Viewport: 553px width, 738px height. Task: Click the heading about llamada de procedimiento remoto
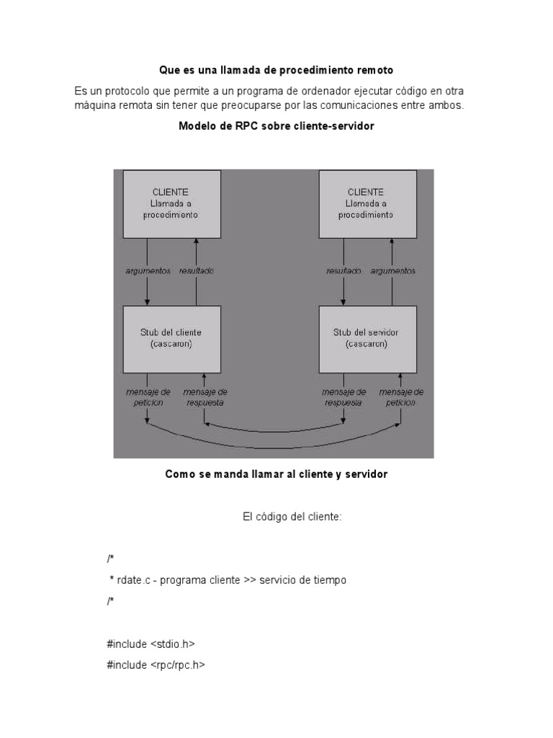tap(276, 71)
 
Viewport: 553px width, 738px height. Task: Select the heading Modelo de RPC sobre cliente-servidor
tap(276, 125)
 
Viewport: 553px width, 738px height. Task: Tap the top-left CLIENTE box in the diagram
tap(171, 203)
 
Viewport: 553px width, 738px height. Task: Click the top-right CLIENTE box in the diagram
tap(367, 203)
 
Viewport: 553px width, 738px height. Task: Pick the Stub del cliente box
tap(171, 339)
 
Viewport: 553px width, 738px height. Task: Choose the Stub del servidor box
tap(367, 339)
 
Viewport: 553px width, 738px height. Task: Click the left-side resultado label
tap(197, 272)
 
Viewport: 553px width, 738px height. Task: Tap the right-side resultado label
tap(343, 272)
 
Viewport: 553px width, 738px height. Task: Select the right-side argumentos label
tap(393, 272)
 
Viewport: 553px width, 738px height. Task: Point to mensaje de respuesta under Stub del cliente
tap(204, 397)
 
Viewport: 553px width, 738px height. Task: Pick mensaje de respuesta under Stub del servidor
tap(343, 397)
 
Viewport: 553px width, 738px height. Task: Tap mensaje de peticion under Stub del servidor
tap(401, 397)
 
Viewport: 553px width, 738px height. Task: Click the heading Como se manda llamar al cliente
tap(276, 474)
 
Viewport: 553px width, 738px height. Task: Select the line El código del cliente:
tap(291, 517)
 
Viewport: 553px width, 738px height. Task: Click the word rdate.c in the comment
tap(131, 580)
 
